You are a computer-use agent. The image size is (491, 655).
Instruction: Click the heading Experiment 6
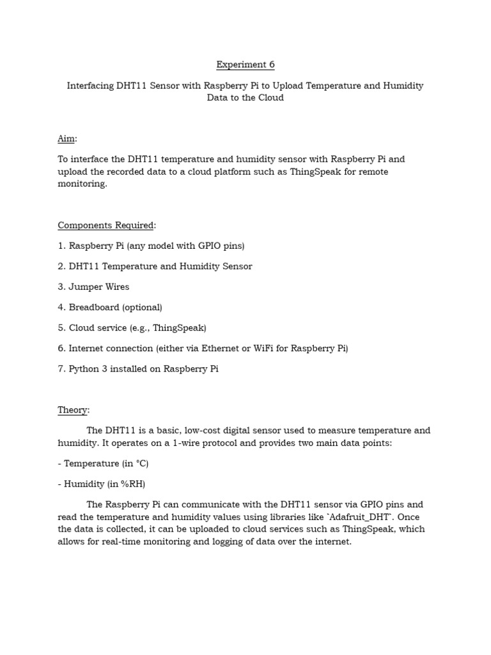[x=245, y=65]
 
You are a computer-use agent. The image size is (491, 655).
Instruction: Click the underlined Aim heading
[x=66, y=139]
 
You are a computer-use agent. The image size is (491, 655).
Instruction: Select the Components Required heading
[x=106, y=225]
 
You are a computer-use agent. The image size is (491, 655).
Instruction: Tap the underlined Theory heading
[x=73, y=409]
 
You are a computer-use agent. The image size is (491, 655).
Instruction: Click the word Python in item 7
[x=84, y=369]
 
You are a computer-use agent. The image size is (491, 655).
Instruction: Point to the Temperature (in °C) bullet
[x=105, y=463]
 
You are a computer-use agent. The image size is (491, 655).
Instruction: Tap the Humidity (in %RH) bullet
[x=105, y=484]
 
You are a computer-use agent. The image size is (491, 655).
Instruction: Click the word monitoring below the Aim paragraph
[x=82, y=184]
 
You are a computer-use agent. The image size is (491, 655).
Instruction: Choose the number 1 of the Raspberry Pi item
[x=61, y=246]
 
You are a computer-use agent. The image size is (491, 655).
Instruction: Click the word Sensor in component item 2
[x=237, y=266]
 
